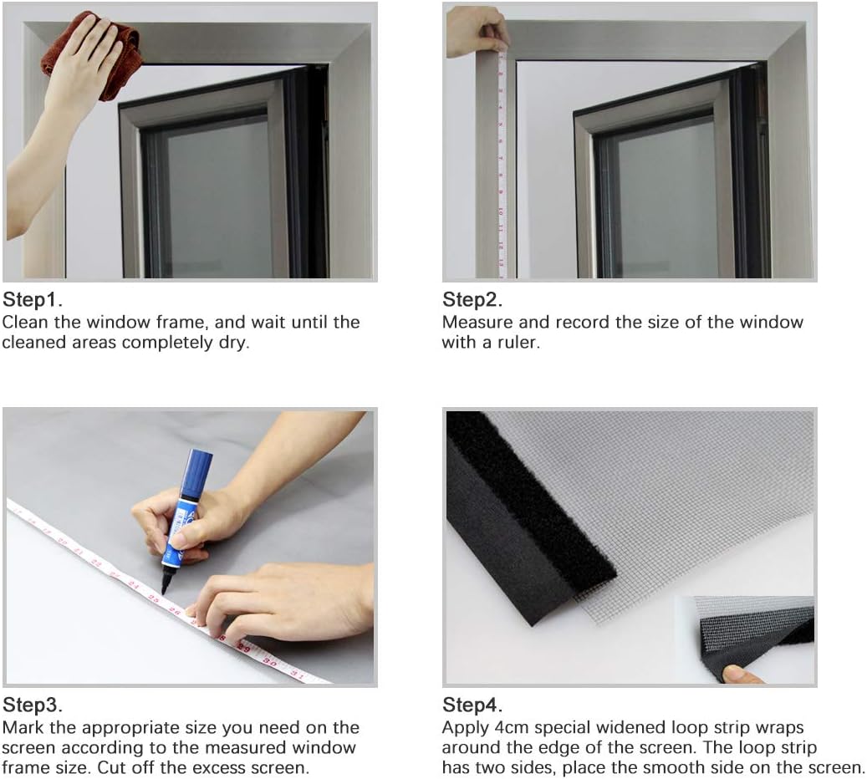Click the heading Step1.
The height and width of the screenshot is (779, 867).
[33, 299]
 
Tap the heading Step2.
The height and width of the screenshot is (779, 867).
[473, 299]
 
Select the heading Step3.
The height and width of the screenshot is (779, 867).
[33, 704]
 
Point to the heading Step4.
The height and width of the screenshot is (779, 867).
[473, 704]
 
